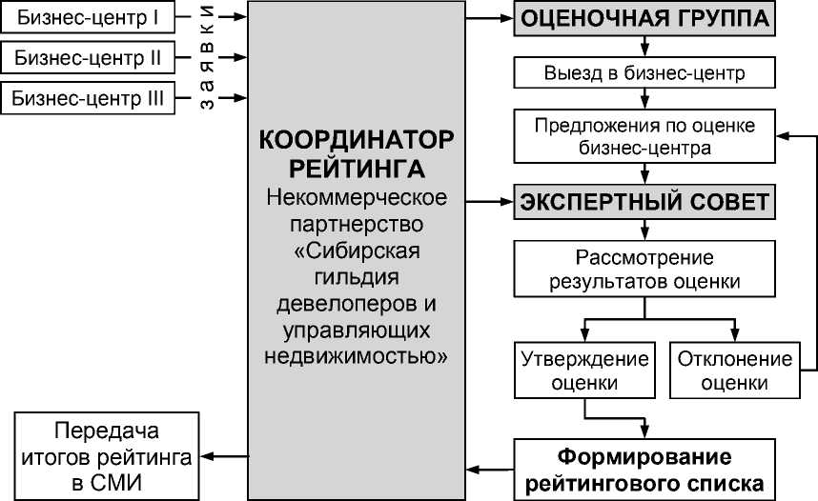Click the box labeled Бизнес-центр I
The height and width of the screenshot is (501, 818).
pos(89,16)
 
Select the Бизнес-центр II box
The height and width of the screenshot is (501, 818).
pos(89,57)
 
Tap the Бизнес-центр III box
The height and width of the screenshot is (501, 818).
pos(89,97)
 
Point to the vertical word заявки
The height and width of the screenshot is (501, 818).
pos(207,56)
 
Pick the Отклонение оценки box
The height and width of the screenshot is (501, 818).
pos(735,371)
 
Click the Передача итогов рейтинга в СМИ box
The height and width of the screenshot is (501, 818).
pos(106,455)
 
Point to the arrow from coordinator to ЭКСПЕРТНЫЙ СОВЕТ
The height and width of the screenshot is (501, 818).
pos(492,203)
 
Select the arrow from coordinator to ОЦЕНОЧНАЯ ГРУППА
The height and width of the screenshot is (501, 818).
pos(492,19)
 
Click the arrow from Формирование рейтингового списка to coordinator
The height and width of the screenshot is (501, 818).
pos(492,468)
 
